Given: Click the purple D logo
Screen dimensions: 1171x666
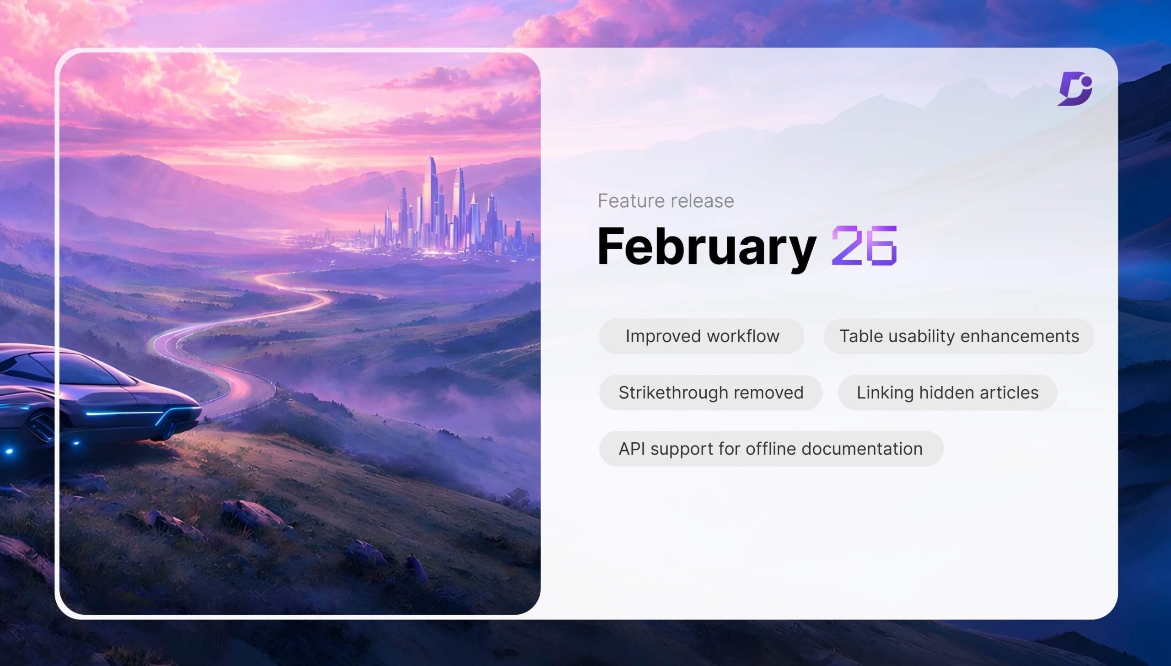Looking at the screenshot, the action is point(1075,89).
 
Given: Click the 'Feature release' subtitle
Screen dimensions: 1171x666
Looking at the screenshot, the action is point(666,201).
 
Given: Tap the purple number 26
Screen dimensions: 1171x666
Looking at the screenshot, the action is point(864,246).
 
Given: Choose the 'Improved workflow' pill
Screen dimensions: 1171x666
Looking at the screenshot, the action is point(701,336).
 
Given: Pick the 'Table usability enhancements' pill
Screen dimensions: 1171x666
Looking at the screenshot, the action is point(959,336).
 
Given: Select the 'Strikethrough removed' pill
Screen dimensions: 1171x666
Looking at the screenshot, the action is point(711,392).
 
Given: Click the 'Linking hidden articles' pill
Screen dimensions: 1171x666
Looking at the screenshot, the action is point(947,392).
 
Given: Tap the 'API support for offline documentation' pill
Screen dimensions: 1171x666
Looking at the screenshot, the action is point(771,449).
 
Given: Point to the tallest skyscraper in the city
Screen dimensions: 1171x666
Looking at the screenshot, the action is point(431,201).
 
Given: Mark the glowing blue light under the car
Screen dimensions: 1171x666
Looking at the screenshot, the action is point(8,451).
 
